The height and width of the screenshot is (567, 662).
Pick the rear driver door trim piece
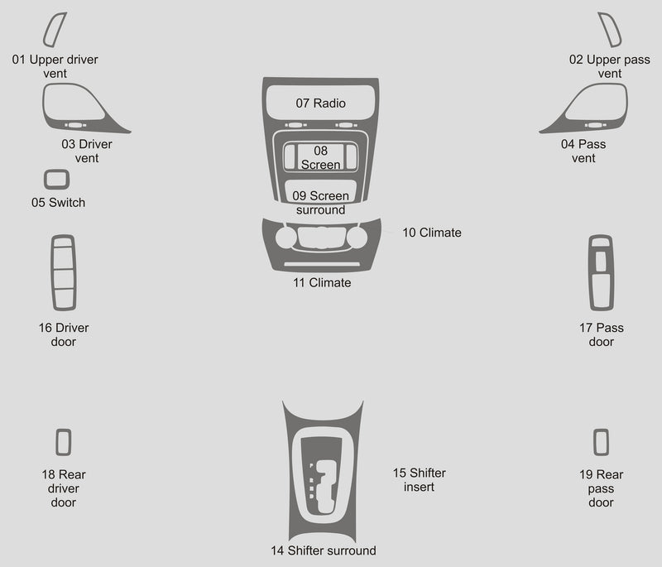57,442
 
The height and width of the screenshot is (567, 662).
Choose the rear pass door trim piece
595,442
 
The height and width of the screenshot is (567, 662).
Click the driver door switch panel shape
52,272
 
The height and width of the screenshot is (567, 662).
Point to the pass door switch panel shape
590,272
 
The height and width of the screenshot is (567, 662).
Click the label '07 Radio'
320,103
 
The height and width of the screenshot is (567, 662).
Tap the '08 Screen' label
320,157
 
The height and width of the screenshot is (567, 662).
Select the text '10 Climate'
432,233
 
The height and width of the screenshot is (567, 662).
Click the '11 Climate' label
322,282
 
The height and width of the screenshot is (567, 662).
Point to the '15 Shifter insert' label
420,479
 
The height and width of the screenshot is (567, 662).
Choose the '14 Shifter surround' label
324,550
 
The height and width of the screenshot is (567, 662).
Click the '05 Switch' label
58,203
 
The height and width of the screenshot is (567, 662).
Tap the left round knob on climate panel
285,238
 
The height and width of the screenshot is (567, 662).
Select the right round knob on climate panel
357,238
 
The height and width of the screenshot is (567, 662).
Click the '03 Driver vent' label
87,151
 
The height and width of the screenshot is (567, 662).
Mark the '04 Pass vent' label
583,151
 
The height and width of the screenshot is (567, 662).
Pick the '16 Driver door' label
64,334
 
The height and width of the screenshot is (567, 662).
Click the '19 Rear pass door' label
602,488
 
